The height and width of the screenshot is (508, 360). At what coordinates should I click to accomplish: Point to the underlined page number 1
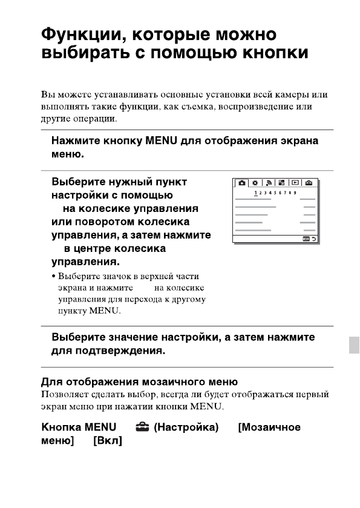pyautogui.click(x=257, y=193)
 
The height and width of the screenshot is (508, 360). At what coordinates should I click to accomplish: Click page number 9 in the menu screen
pyautogui.click(x=295, y=193)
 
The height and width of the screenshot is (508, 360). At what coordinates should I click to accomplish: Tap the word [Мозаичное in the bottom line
pyautogui.click(x=269, y=428)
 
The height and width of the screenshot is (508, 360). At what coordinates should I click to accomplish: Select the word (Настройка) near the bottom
pyautogui.click(x=186, y=428)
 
